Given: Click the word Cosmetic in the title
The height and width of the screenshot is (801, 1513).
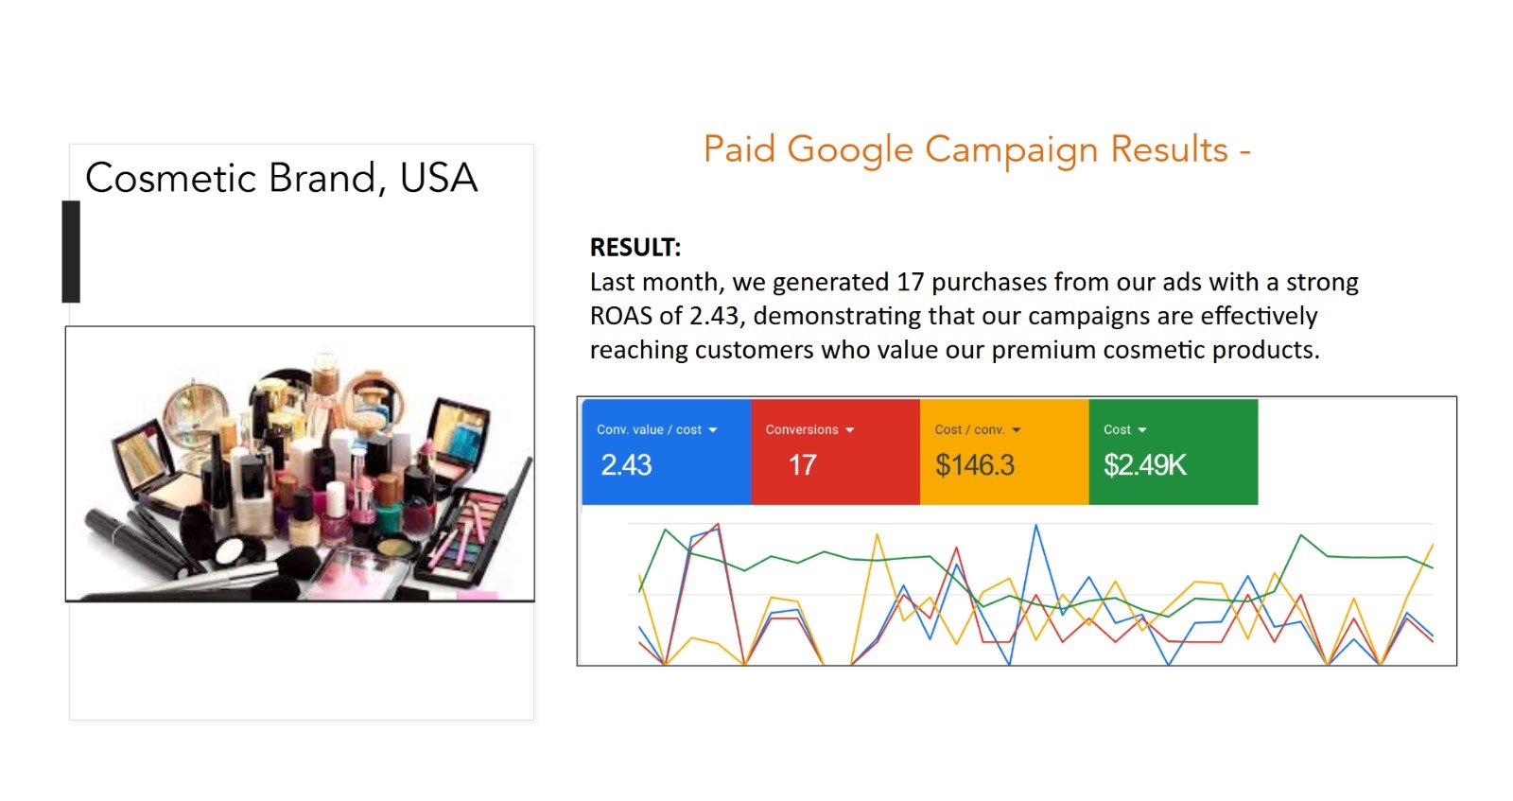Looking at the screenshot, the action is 171,178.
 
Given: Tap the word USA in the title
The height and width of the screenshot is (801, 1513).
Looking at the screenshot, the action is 439,178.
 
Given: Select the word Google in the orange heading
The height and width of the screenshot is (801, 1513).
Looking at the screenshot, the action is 850,150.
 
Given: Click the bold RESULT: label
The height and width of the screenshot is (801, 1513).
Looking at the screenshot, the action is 635,247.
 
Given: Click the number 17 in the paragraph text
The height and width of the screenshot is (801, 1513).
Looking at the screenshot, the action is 910,283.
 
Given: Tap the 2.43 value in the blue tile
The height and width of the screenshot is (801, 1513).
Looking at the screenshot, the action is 626,465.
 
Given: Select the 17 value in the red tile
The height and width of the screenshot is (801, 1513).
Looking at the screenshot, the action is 803,465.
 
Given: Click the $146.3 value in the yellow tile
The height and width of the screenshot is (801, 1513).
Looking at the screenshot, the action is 975,465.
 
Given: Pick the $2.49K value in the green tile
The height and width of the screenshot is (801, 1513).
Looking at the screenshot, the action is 1145,465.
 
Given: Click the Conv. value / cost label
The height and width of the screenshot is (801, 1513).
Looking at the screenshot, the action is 649,429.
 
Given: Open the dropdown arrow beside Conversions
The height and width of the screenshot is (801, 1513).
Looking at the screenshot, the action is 850,430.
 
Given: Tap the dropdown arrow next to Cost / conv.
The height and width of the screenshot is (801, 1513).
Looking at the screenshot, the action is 1017,430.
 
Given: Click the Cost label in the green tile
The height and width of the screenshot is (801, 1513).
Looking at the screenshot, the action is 1117,429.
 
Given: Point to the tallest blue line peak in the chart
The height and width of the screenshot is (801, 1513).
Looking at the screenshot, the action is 1036,525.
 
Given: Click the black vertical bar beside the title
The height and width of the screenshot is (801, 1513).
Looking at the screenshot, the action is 71,252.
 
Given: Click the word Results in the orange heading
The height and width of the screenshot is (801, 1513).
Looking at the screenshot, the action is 1169,149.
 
